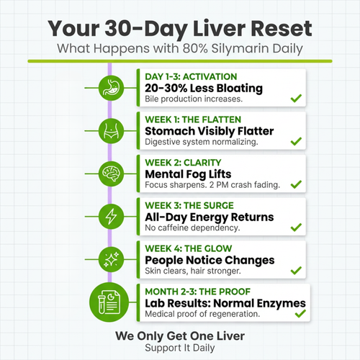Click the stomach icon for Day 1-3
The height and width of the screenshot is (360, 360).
coord(109,88)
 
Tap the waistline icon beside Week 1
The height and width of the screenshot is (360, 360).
coord(109,130)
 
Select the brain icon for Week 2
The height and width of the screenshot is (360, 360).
coord(109,173)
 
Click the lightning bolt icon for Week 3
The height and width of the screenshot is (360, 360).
coord(109,215)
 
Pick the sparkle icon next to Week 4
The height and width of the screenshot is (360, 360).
coord(109,258)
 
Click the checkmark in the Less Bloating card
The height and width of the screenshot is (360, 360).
coord(295,99)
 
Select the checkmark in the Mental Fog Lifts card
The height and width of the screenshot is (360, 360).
coord(295,185)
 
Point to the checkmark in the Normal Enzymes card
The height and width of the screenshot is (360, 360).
coord(295,314)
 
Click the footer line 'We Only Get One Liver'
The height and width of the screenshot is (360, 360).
coord(179,336)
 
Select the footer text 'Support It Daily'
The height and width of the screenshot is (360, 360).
coord(179,347)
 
